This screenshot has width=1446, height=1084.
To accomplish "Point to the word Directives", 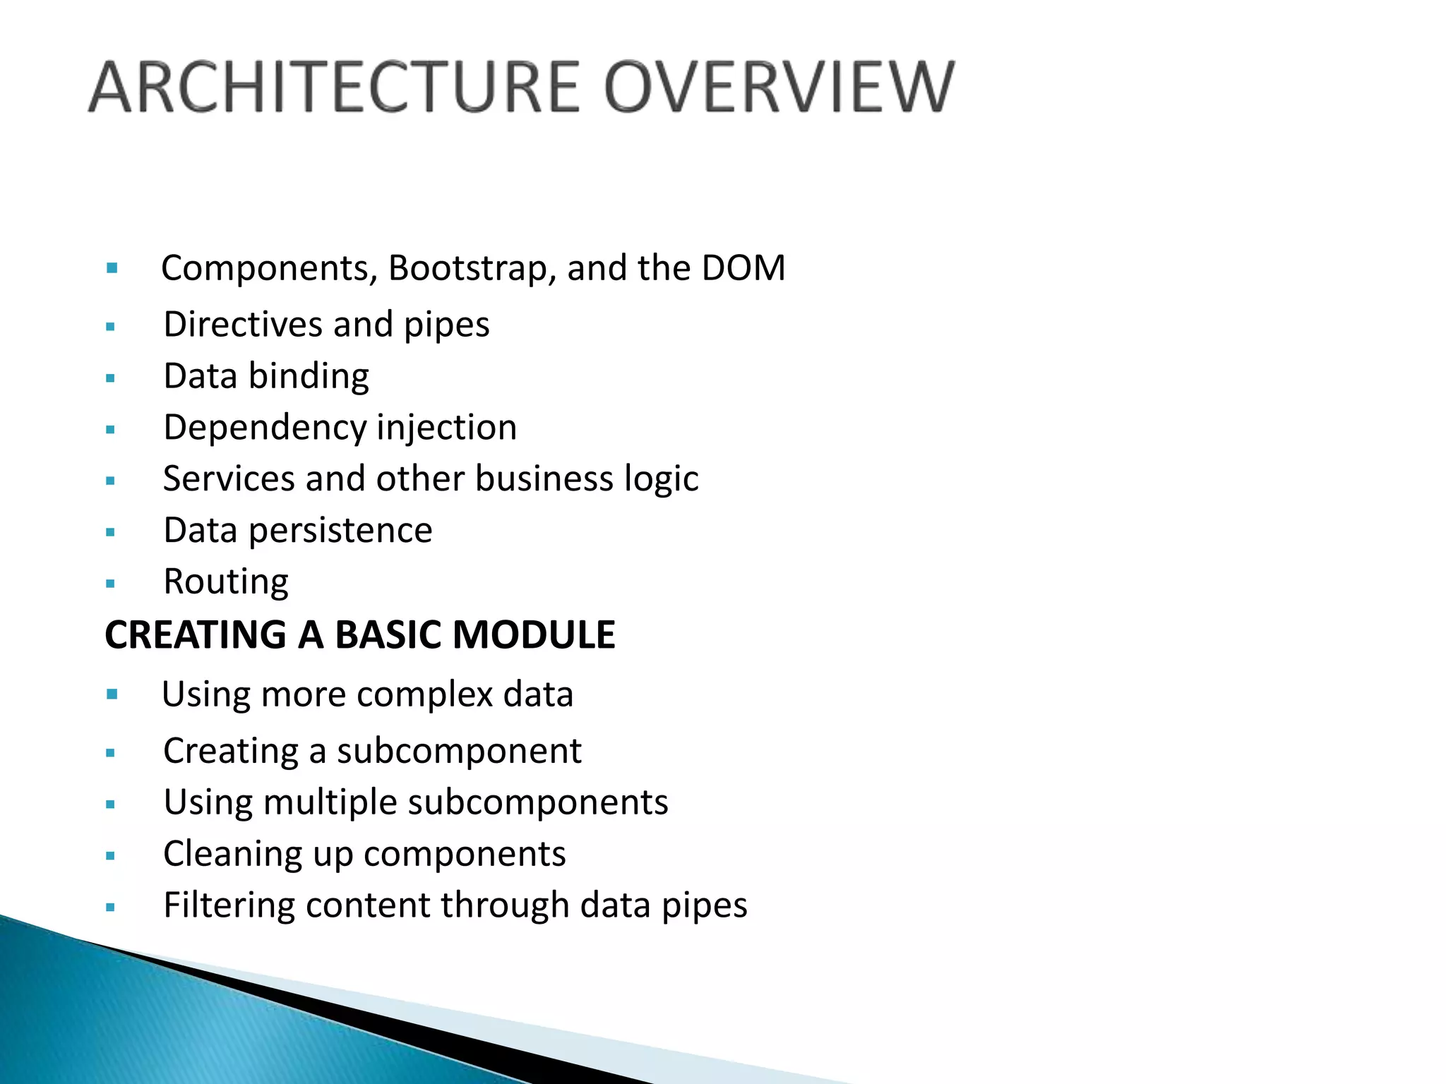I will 243,325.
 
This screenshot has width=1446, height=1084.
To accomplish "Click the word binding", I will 309,376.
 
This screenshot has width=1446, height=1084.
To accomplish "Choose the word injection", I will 447,428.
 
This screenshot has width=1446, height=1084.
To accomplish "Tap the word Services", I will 228,478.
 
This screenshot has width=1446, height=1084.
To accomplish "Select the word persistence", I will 340,531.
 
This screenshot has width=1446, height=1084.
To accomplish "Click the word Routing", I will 226,583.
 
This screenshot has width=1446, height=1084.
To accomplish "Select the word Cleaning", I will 232,855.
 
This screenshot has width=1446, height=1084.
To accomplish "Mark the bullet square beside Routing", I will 110,584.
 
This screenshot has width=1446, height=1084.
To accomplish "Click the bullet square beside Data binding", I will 110,378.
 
